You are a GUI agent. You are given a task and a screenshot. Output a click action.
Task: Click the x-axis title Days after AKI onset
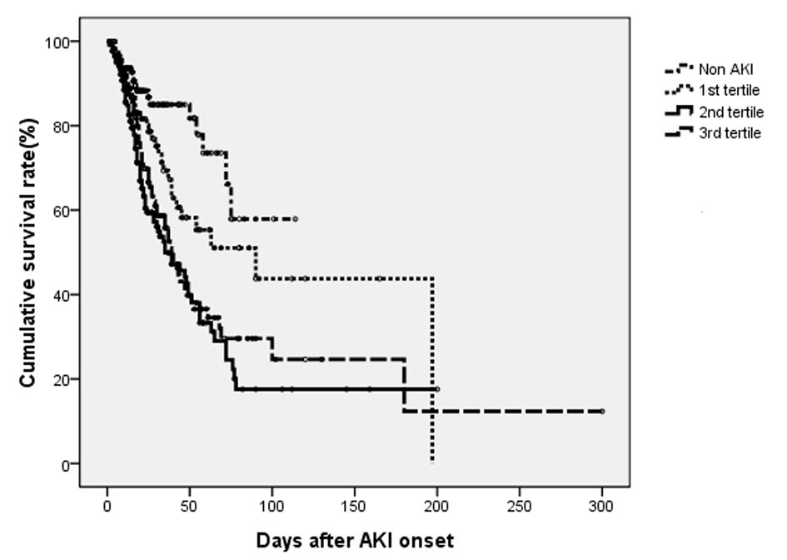click(355, 540)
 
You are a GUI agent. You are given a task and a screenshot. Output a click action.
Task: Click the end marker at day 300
click(602, 412)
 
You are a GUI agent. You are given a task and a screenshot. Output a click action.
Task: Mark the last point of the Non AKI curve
click(296, 218)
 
